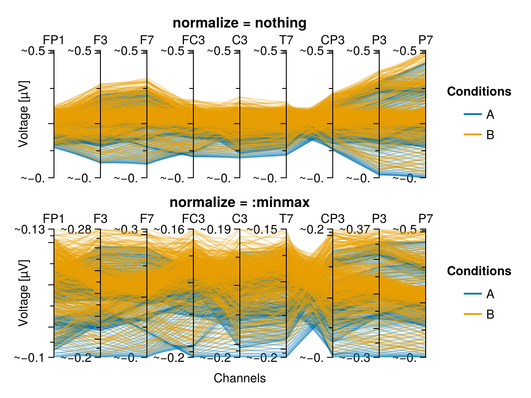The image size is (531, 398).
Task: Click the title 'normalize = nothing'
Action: tap(239, 23)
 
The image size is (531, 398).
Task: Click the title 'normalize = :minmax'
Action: tap(239, 202)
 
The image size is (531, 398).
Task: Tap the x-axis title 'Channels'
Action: tap(239, 378)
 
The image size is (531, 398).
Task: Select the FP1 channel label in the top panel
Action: tap(54, 40)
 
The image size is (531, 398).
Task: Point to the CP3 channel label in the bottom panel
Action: tap(332, 219)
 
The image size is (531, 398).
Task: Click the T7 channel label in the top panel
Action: tap(286, 40)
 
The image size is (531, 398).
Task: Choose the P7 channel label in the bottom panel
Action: tap(426, 219)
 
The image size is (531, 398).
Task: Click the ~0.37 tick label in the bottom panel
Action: tap(355, 230)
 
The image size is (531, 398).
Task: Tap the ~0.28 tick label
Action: tap(76, 230)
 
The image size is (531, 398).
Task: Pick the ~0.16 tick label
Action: tap(169, 230)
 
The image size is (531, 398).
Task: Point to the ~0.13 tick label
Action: tap(30, 230)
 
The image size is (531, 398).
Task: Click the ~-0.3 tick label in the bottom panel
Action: tap(355, 358)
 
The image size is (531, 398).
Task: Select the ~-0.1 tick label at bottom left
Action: tap(30, 358)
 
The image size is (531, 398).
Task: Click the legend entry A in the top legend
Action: tap(490, 114)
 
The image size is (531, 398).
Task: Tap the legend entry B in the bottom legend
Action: tap(490, 314)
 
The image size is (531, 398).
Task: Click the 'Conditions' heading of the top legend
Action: tap(479, 92)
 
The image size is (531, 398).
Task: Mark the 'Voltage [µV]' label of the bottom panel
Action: tap(24, 293)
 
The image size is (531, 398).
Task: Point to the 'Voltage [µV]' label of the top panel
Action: tap(24, 114)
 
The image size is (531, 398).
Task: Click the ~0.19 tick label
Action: tap(215, 230)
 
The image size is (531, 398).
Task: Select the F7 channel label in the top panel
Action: tap(147, 40)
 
